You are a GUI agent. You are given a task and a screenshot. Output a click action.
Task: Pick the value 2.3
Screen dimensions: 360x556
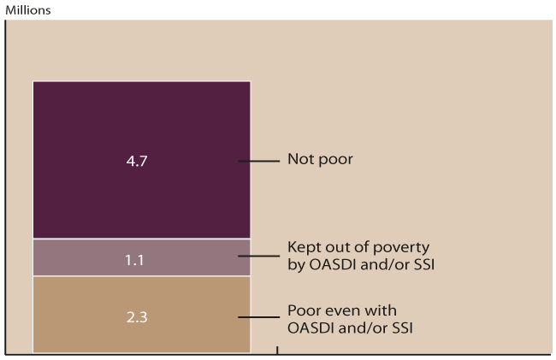coord(137,316)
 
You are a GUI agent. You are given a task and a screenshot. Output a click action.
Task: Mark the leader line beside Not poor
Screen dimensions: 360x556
coord(259,161)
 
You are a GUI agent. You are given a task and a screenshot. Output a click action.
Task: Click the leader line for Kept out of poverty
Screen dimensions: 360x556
coord(259,257)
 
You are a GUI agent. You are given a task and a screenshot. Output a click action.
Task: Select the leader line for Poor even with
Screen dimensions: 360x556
coord(259,316)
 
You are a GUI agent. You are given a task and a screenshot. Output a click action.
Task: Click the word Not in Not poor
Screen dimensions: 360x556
coord(299,160)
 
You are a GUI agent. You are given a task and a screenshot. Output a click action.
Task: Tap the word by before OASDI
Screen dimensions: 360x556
coord(295,264)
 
